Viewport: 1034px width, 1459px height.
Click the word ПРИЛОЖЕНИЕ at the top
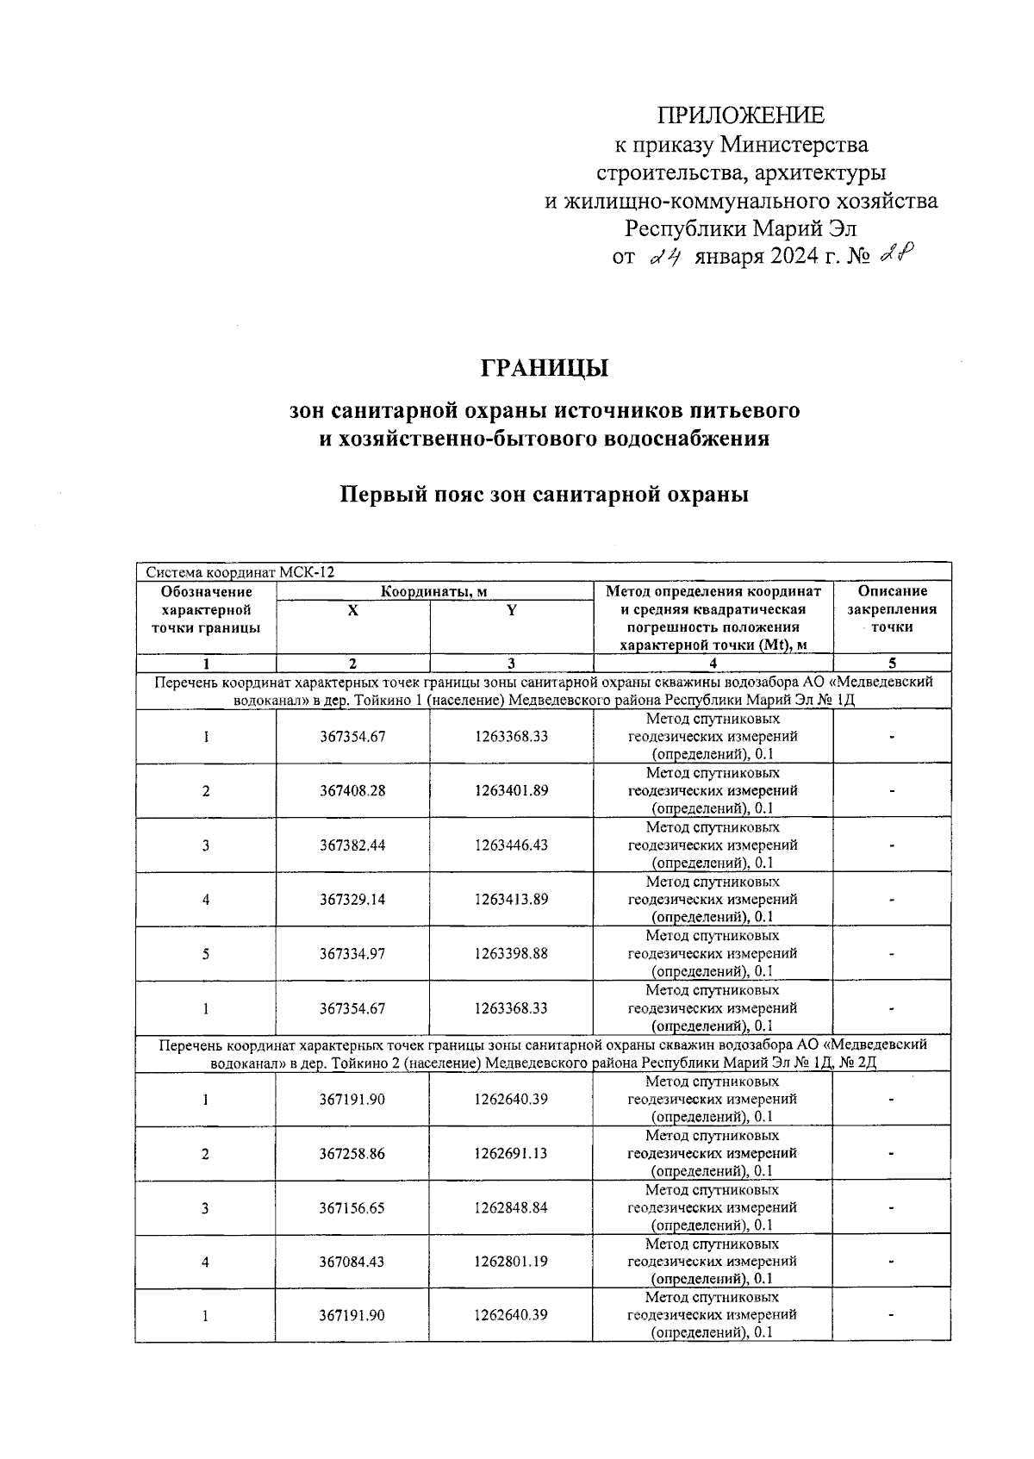[x=741, y=115]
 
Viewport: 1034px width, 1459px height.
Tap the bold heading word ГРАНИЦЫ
[x=545, y=368]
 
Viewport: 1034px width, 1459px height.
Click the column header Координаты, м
[x=434, y=591]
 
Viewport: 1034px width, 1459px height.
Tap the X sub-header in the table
[x=352, y=610]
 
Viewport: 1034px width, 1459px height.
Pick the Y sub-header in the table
[x=511, y=610]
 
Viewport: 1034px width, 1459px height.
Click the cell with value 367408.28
[x=352, y=791]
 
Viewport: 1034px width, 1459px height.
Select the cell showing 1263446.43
[x=511, y=845]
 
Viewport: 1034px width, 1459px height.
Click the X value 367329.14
[x=352, y=900]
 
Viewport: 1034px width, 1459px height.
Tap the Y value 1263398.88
[x=511, y=954]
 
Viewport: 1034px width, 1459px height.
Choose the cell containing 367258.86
[x=352, y=1154]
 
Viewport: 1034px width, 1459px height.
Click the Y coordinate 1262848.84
[x=510, y=1208]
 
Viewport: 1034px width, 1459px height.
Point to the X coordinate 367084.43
[x=352, y=1262]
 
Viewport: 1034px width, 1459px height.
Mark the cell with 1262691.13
[x=510, y=1154]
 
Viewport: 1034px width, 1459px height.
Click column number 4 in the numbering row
[x=713, y=664]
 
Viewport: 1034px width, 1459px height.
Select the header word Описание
[x=892, y=591]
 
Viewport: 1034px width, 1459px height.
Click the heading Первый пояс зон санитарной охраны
[x=544, y=496]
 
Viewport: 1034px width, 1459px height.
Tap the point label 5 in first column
[x=206, y=954]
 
